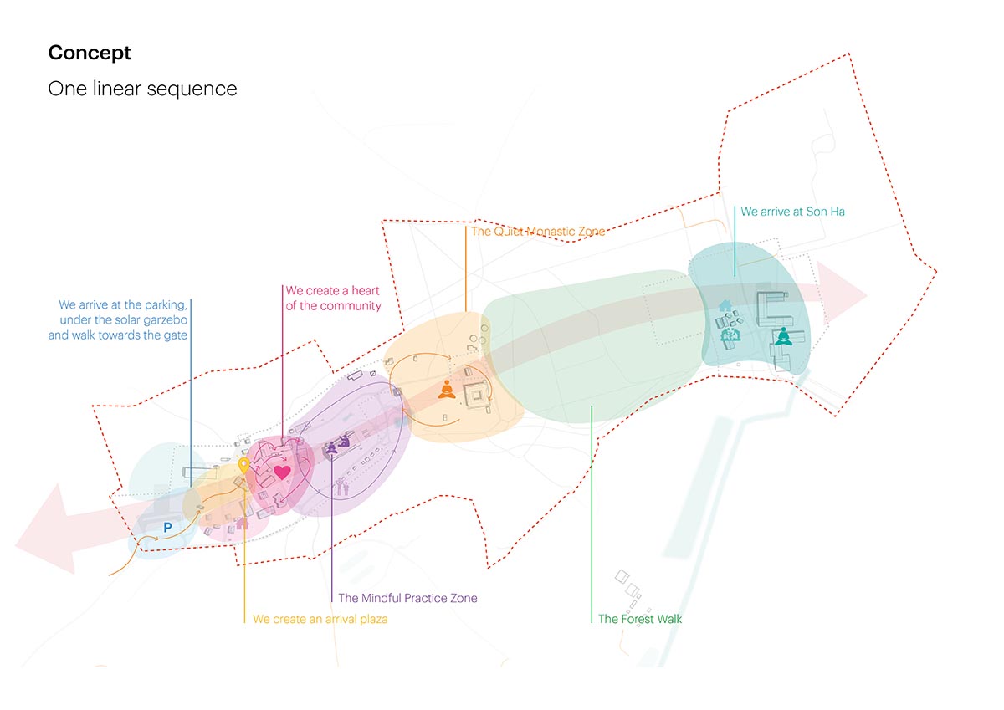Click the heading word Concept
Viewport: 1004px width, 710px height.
(90, 53)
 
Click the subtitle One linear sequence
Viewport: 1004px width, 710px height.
(142, 89)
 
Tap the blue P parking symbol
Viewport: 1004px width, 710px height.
(167, 528)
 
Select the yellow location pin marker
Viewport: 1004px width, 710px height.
(243, 466)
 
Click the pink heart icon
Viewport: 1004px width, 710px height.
(282, 472)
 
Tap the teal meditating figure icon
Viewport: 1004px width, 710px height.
(783, 336)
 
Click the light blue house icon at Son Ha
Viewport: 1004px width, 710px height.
(725, 308)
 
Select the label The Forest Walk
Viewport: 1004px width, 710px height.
(640, 619)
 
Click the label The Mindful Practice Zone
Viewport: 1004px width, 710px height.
(407, 598)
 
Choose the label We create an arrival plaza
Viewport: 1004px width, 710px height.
(320, 619)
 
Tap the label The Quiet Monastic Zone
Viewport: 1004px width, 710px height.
(537, 232)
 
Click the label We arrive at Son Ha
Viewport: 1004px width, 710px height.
(792, 212)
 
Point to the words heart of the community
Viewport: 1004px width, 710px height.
(333, 305)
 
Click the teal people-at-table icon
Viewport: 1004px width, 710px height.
(729, 335)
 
